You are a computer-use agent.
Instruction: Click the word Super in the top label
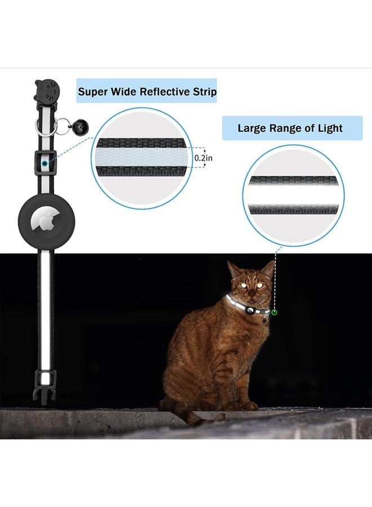[92, 92]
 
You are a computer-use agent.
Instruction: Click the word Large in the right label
[251, 128]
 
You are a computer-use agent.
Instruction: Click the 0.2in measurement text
[203, 158]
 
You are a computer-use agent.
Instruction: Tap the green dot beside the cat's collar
[274, 312]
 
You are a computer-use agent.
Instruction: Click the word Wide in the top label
[122, 92]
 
